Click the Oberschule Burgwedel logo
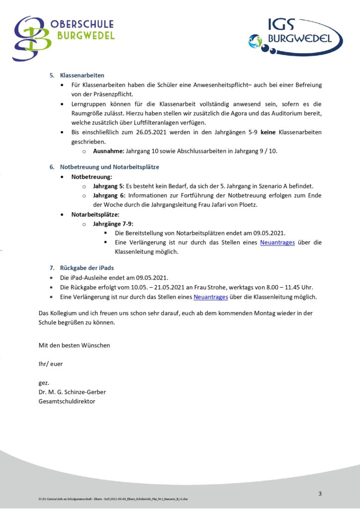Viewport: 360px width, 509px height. coord(64,38)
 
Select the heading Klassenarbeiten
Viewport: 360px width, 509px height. coord(82,76)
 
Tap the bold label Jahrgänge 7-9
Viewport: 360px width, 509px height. coord(113,224)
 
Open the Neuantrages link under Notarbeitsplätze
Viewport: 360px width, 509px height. coord(277,243)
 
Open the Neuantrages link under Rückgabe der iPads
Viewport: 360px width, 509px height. coord(211,297)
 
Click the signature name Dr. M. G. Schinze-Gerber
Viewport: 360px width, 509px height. coord(72,392)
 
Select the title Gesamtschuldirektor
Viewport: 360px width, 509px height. coord(67,401)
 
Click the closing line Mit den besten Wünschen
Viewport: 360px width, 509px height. coord(74,345)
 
